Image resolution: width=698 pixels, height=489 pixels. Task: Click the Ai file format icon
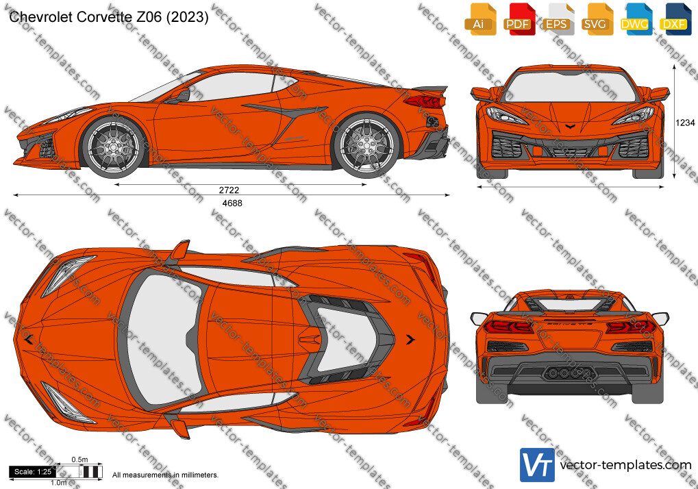[480, 19]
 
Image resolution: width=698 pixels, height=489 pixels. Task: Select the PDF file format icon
[519, 19]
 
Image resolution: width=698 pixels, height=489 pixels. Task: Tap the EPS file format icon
[558, 19]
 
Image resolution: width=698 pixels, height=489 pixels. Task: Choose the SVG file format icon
[597, 19]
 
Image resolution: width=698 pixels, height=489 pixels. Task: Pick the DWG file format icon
[636, 19]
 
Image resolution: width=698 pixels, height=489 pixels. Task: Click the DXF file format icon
[675, 19]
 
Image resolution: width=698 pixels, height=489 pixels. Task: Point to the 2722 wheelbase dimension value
[229, 190]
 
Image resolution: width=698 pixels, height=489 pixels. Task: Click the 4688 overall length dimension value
[232, 203]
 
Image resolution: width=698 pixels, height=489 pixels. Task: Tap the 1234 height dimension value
[685, 123]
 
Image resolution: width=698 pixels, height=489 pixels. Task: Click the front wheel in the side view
[114, 145]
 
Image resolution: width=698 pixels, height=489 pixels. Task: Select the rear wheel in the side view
[366, 145]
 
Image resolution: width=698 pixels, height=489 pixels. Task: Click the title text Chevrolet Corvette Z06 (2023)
[109, 17]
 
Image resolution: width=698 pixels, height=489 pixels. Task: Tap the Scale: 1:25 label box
[32, 472]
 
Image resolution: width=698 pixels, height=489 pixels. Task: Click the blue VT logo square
[537, 465]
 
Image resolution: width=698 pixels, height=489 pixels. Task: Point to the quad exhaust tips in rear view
[569, 373]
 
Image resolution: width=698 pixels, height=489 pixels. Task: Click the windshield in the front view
[570, 86]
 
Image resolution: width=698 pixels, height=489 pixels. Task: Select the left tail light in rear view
[509, 327]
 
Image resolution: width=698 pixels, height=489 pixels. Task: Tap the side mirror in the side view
[182, 97]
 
